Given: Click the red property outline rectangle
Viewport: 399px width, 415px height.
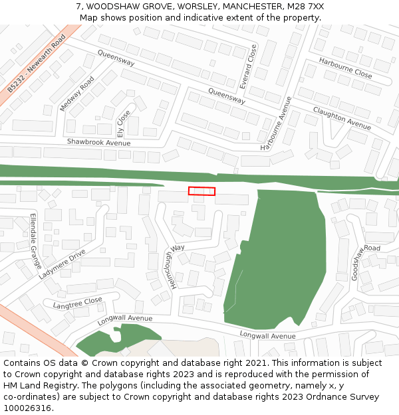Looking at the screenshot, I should point(201,191).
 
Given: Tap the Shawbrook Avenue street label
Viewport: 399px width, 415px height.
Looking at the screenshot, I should point(98,142).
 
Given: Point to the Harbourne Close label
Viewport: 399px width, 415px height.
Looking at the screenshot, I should point(345,68).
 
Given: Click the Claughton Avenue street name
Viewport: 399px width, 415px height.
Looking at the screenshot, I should point(342,118).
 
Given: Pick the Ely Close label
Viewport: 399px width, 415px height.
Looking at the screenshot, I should point(124,124).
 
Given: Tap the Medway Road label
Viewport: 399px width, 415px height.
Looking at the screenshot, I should point(77,94).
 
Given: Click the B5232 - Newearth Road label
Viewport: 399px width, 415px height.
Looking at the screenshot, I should point(37,64).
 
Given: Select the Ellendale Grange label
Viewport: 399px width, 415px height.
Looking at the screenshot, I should point(35,240).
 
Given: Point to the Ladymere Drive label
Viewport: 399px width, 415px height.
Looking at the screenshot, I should point(62,264).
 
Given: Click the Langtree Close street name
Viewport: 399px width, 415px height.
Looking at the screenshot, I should point(78,303).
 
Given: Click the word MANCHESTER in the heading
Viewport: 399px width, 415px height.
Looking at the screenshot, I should point(253,7).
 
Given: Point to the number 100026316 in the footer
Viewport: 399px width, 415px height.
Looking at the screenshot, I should point(29,408).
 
